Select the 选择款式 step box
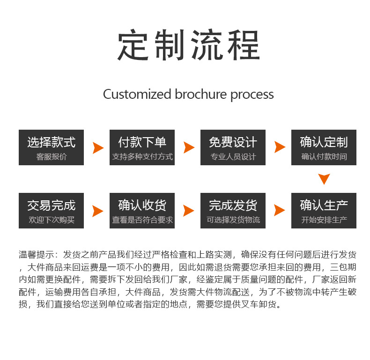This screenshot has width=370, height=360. (x=51, y=147)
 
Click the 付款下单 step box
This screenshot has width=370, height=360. (x=142, y=147)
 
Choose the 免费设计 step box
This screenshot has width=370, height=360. (x=233, y=147)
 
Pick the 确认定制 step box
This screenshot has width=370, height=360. (x=324, y=147)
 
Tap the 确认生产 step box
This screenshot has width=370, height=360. (x=324, y=211)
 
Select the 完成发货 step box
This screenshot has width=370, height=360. (x=233, y=211)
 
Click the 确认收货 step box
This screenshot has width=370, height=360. (x=142, y=211)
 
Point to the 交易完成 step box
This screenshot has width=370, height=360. (x=51, y=211)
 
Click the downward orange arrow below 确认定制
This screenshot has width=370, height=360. (x=324, y=179)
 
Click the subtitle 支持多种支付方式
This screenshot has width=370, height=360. (x=142, y=157)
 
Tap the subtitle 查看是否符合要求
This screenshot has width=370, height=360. (x=142, y=220)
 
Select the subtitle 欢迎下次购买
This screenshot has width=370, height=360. (x=52, y=220)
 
